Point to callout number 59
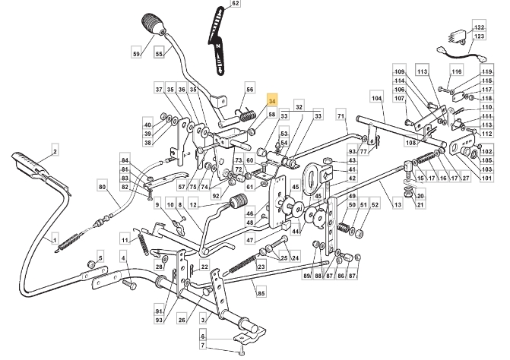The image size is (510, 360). point(137,54)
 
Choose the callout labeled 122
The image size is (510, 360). point(479,27)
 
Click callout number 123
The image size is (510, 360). point(479,36)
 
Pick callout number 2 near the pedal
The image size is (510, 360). point(55,151)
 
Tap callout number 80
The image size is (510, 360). point(101,186)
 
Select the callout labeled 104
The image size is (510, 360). point(375,99)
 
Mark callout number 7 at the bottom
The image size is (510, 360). point(203,346)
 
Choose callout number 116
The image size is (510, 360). point(456,71)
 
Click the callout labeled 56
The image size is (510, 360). point(249,89)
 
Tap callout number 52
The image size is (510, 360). point(375,205)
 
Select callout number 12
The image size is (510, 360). point(194,205)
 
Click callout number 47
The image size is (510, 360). point(249,239)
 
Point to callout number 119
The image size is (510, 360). point(487,72)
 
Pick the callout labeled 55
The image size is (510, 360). point(159,54)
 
